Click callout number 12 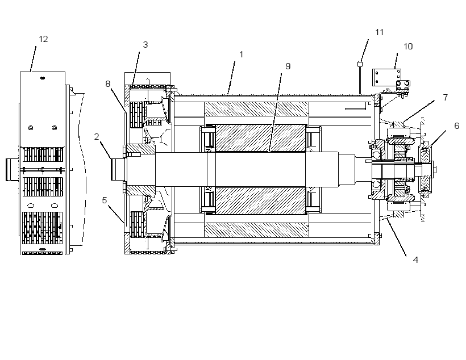tap(43, 39)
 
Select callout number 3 tap(145, 45)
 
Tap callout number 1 tap(242, 55)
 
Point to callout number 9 tap(288, 66)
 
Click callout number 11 tap(379, 32)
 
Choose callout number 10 tap(408, 47)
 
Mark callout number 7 tap(445, 98)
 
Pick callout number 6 tap(457, 126)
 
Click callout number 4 tap(415, 260)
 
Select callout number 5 tap(105, 200)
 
